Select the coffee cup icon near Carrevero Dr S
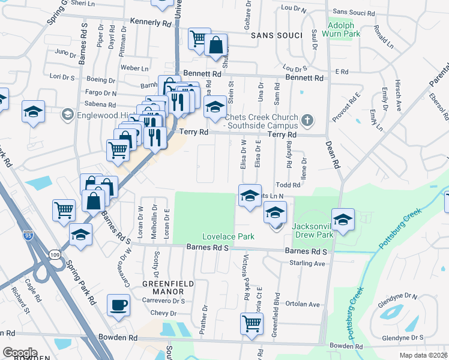click(118, 305)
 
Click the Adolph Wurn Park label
click(345, 31)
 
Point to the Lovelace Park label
click(228, 236)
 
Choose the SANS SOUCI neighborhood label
click(276, 35)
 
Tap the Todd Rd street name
click(287, 185)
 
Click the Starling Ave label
click(307, 263)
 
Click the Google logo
click(20, 353)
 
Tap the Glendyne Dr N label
click(397, 296)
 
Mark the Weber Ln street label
click(134, 68)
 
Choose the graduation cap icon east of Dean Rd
click(343, 220)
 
